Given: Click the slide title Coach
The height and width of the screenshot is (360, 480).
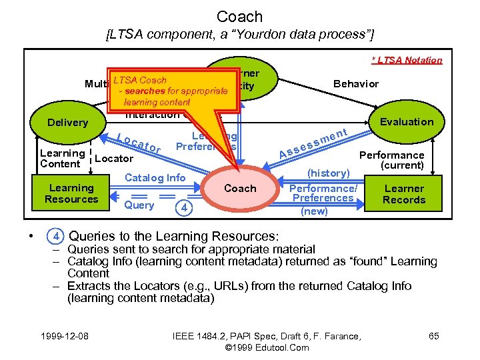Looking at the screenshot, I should click(x=240, y=16).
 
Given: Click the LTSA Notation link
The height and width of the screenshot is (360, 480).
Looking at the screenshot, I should click(x=407, y=60).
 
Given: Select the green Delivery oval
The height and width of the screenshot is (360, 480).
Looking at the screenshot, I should click(x=67, y=122).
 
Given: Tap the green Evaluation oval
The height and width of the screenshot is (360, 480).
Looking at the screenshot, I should click(x=406, y=121).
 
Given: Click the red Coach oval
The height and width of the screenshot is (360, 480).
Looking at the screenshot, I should click(x=240, y=189).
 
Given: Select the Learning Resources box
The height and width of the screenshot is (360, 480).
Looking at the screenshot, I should click(x=71, y=193).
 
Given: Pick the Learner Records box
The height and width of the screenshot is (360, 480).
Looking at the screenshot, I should click(x=404, y=194).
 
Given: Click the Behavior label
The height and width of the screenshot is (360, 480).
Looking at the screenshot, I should click(x=355, y=84).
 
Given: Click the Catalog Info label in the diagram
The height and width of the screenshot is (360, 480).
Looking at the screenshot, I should click(x=156, y=177).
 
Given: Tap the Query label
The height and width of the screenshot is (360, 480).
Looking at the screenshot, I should click(x=139, y=205).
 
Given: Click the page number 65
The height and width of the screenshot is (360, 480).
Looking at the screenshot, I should click(x=433, y=336).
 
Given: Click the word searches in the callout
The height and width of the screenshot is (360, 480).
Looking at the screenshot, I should click(x=143, y=91).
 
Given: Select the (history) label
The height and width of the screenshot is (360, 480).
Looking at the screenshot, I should click(x=328, y=173).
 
